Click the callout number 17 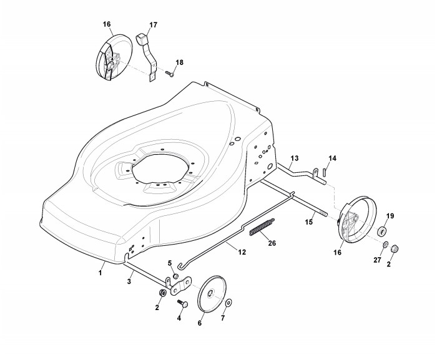pos(153,25)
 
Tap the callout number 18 pos(179,62)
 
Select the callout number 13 pos(295,158)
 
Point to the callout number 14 pos(332,158)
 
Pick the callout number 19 pos(390,216)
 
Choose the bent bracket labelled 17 pos(149,55)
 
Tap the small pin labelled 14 pos(326,173)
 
